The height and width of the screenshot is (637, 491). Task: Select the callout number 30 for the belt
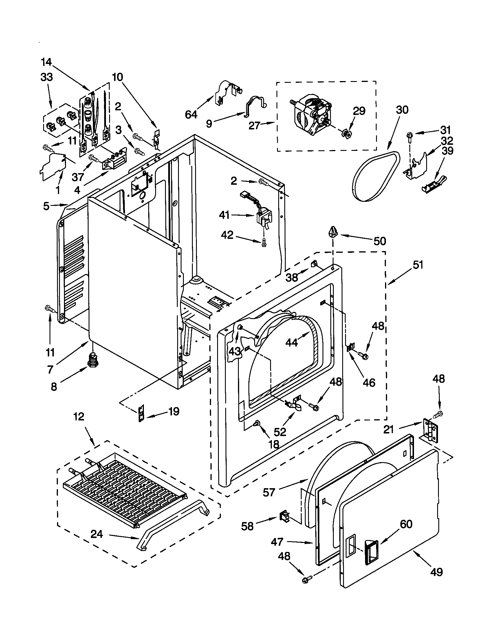click(x=402, y=110)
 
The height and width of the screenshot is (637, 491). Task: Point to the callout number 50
click(x=380, y=241)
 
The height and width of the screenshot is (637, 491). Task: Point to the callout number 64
click(x=191, y=115)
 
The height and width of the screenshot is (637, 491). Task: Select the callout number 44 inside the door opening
click(x=292, y=342)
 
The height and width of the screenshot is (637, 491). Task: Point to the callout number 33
click(x=46, y=77)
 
